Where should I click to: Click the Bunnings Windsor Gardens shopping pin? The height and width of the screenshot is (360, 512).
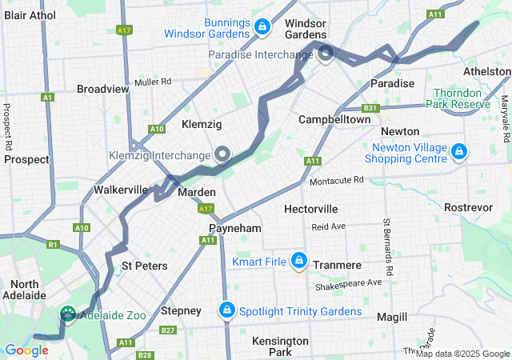point(261,28)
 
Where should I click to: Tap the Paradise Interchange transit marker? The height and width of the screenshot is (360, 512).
point(326,54)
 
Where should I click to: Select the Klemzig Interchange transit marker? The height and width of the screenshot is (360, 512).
point(222,154)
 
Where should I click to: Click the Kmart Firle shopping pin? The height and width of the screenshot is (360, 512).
point(298,261)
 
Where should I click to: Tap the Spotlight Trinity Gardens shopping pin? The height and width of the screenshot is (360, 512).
point(227,310)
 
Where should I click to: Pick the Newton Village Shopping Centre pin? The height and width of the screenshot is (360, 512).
point(458,150)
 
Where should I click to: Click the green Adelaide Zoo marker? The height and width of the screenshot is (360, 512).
point(68,315)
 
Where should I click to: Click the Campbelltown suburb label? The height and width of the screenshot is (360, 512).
point(334,119)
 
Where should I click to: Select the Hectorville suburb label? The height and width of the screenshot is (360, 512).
point(310,209)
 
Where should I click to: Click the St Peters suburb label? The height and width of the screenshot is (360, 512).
point(144,266)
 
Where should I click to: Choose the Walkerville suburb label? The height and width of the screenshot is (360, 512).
point(121,190)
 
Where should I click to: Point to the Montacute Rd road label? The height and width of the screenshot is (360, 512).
point(337,180)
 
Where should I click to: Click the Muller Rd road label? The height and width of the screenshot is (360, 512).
point(154,82)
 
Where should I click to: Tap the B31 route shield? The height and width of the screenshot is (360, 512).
point(370,108)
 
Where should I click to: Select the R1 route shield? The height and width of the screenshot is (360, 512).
point(54,244)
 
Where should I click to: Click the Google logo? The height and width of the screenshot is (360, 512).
point(26,350)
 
